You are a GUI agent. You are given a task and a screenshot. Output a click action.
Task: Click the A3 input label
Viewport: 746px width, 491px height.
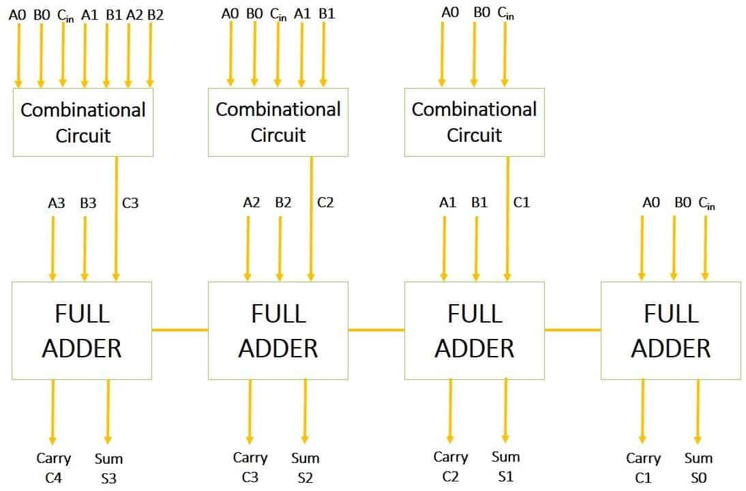point(57,203)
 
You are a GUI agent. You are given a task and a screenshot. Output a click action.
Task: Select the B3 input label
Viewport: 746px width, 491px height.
point(88,203)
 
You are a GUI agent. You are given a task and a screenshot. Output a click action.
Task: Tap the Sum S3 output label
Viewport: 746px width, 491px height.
point(108,468)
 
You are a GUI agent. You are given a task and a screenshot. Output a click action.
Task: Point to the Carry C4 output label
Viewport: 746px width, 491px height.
point(54,468)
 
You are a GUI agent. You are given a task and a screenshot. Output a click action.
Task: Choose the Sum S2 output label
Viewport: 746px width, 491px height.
point(305,467)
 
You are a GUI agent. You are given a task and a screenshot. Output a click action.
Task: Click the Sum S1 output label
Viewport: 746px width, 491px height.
point(505,466)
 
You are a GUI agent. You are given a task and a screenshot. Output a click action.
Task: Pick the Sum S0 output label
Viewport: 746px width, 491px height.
point(698,468)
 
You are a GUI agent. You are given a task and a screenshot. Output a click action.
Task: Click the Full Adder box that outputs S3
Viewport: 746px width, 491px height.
point(82,331)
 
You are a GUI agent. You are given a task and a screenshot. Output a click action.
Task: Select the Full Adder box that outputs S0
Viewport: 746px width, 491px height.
point(671,331)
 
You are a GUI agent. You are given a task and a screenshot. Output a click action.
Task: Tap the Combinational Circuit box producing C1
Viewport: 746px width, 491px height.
point(475,122)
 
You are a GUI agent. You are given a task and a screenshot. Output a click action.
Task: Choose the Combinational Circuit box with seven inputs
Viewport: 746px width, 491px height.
point(83,123)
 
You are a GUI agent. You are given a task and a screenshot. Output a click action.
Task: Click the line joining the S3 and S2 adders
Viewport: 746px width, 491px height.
point(179,330)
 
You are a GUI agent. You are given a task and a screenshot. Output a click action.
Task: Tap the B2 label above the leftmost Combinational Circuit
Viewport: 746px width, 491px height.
point(155,14)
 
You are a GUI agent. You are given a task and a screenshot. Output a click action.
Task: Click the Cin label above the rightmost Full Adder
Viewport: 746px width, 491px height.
point(706,203)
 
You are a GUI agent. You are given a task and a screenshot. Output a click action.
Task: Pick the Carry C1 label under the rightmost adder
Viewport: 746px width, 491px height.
point(643,468)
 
